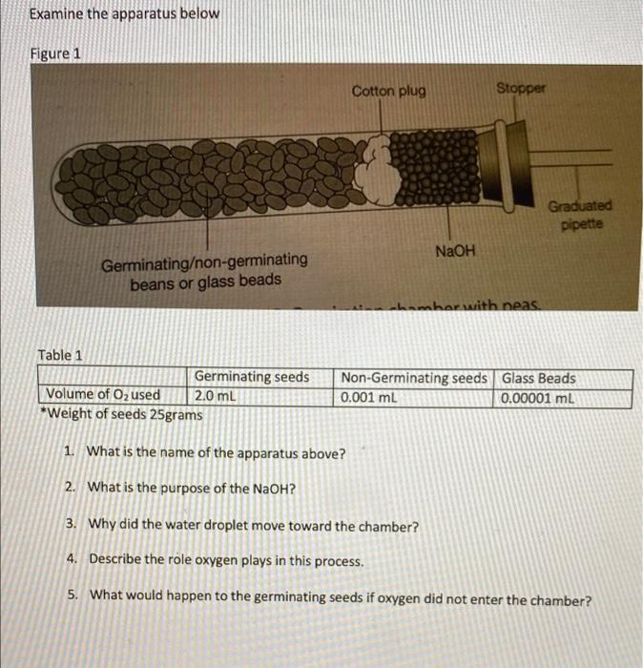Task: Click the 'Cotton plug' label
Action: coord(388,92)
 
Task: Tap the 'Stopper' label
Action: coord(521,88)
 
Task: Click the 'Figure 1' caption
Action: coord(55,53)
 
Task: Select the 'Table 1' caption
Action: coord(60,355)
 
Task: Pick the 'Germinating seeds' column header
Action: coord(252,377)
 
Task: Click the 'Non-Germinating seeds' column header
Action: coord(415,377)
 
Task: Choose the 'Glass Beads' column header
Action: coord(538,377)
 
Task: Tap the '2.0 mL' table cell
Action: coord(215,395)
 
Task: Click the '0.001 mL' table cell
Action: coord(369,395)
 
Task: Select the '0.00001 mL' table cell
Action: coord(538,395)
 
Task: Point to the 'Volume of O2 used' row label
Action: coord(103,395)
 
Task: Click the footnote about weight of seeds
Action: coord(120,414)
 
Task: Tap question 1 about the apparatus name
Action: coord(216,452)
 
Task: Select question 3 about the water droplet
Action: coord(252,525)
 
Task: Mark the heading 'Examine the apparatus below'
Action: coord(124,14)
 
